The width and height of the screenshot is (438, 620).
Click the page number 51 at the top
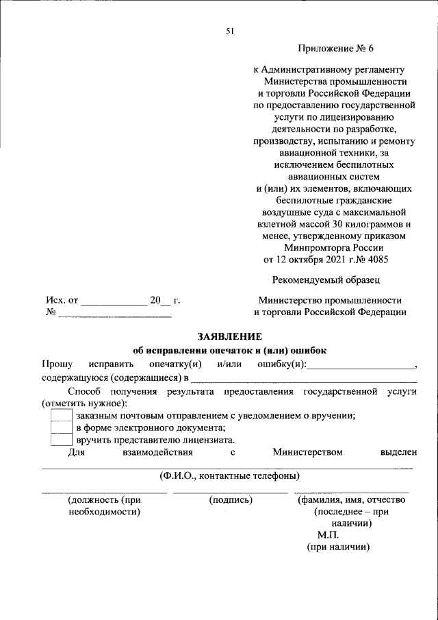[230, 30]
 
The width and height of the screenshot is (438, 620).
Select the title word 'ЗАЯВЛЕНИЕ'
[230, 336]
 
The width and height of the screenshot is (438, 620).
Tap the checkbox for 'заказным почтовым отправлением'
[62, 415]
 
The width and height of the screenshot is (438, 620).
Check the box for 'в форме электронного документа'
[62, 427]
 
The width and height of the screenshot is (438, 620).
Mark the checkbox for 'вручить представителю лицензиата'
[62, 440]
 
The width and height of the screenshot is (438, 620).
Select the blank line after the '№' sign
[114, 315]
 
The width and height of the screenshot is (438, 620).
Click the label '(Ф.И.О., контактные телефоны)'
[229, 475]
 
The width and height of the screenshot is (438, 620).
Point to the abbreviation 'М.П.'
[328, 535]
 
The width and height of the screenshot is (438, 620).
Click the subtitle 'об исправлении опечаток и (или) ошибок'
[230, 349]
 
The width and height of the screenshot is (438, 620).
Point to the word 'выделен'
[398, 452]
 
